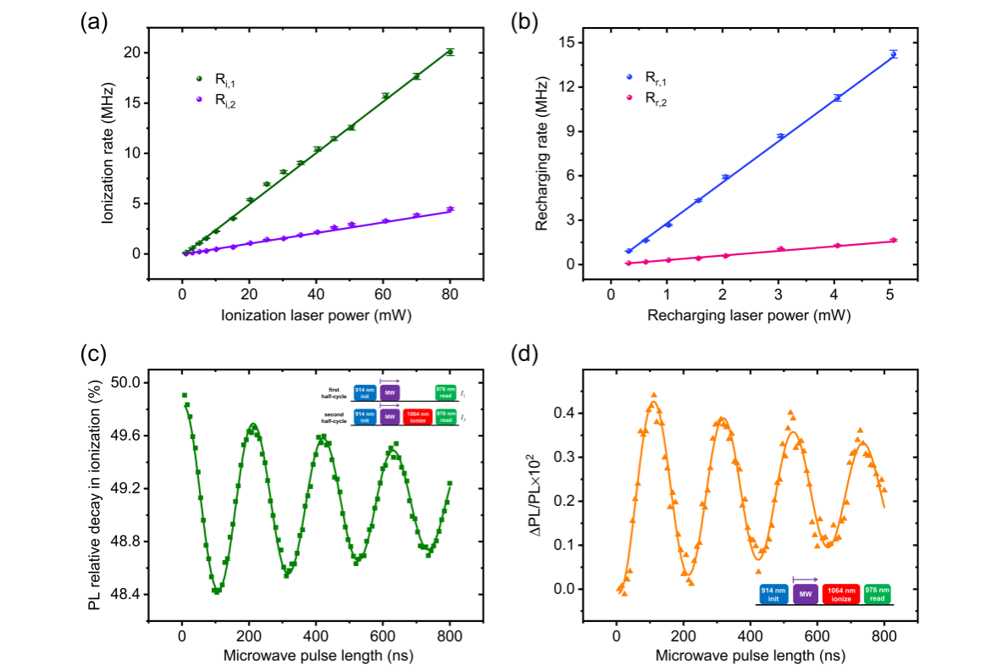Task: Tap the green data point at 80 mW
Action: [x=450, y=53]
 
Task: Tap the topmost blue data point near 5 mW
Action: [x=893, y=54]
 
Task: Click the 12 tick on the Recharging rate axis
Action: [x=577, y=86]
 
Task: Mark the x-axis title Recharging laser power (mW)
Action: [x=749, y=315]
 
